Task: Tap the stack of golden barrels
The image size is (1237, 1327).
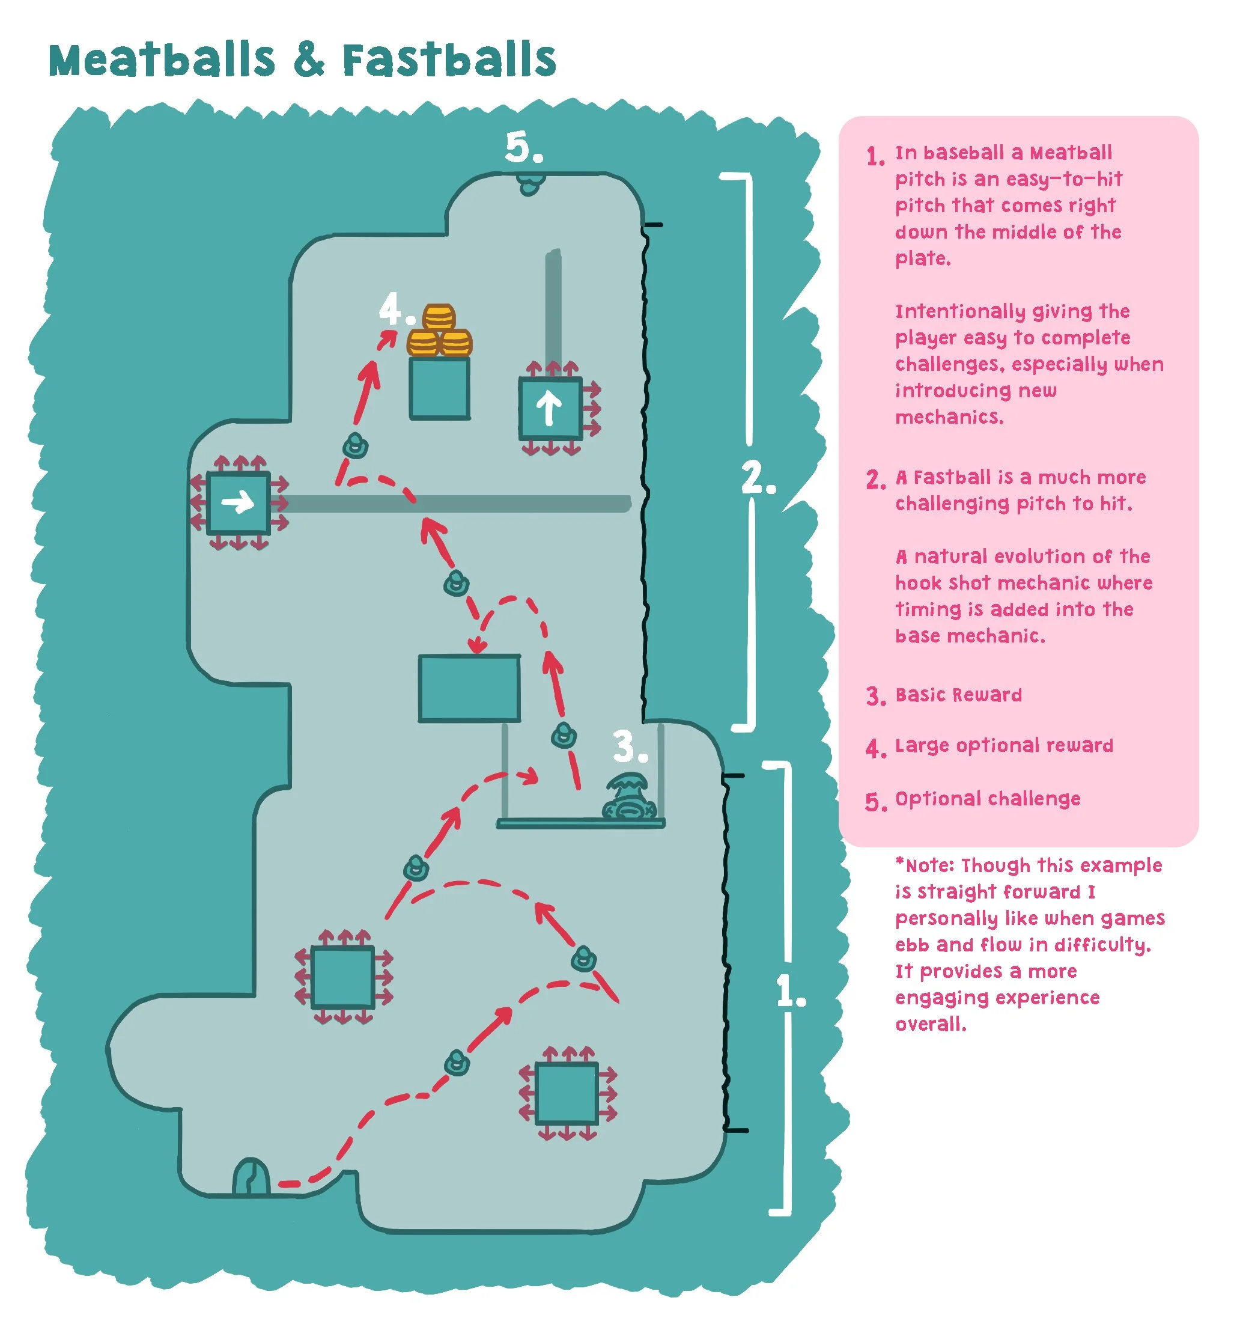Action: click(x=440, y=331)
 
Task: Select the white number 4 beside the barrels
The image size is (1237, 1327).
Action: click(x=391, y=309)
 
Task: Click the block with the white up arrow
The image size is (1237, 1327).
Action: click(x=550, y=409)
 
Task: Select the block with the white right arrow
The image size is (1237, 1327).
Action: click(x=238, y=502)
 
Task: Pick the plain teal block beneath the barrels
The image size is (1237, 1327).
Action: click(x=440, y=388)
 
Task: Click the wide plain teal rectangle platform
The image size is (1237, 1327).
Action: click(x=469, y=688)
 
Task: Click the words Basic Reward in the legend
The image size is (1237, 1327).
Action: click(x=958, y=695)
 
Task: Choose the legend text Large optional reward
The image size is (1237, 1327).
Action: click(x=1003, y=746)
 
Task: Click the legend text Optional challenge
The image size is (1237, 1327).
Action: click(x=988, y=799)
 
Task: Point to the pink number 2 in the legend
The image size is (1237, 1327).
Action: click(x=875, y=480)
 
